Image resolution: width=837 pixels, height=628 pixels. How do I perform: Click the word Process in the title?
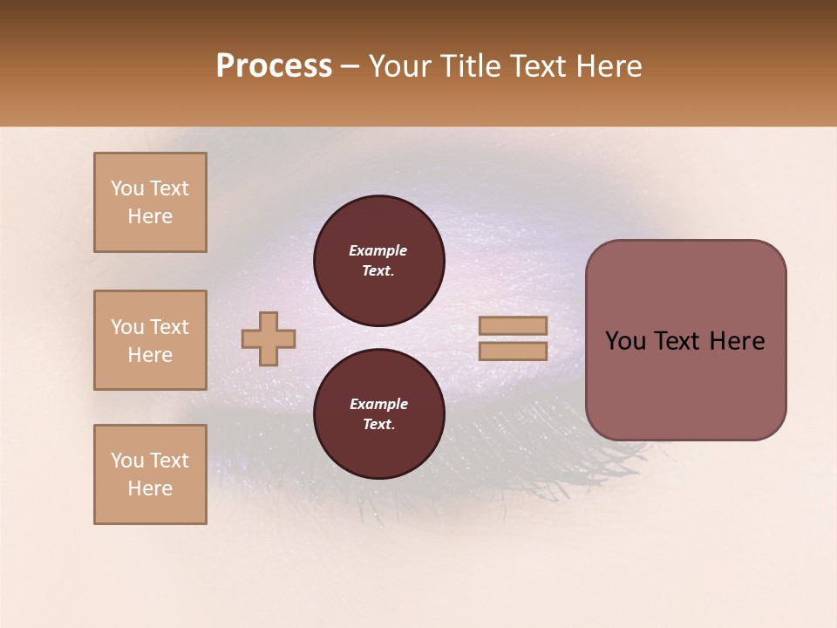tap(274, 66)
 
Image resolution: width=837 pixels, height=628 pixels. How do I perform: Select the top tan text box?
tap(150, 202)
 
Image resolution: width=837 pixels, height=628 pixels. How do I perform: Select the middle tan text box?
tap(150, 340)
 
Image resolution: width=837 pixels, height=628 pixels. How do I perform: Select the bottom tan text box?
tap(150, 474)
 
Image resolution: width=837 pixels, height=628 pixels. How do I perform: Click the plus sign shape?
tap(269, 338)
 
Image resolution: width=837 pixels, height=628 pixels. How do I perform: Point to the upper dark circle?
tap(379, 260)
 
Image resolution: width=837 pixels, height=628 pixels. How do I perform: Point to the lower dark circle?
tap(379, 413)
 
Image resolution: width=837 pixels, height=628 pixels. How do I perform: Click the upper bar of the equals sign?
tap(514, 325)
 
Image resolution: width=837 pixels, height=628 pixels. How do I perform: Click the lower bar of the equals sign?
tap(514, 351)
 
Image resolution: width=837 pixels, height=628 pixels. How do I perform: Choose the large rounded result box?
tap(685, 340)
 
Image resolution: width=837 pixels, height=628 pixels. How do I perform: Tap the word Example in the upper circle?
tap(378, 250)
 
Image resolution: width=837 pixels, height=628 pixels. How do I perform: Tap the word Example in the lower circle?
tap(378, 404)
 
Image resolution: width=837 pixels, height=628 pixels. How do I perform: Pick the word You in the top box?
tap(126, 188)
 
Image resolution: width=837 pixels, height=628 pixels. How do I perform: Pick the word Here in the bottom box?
tap(150, 488)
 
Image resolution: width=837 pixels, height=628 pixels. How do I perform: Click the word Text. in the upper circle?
tap(378, 271)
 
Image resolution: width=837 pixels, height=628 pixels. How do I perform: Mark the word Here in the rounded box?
tap(738, 341)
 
